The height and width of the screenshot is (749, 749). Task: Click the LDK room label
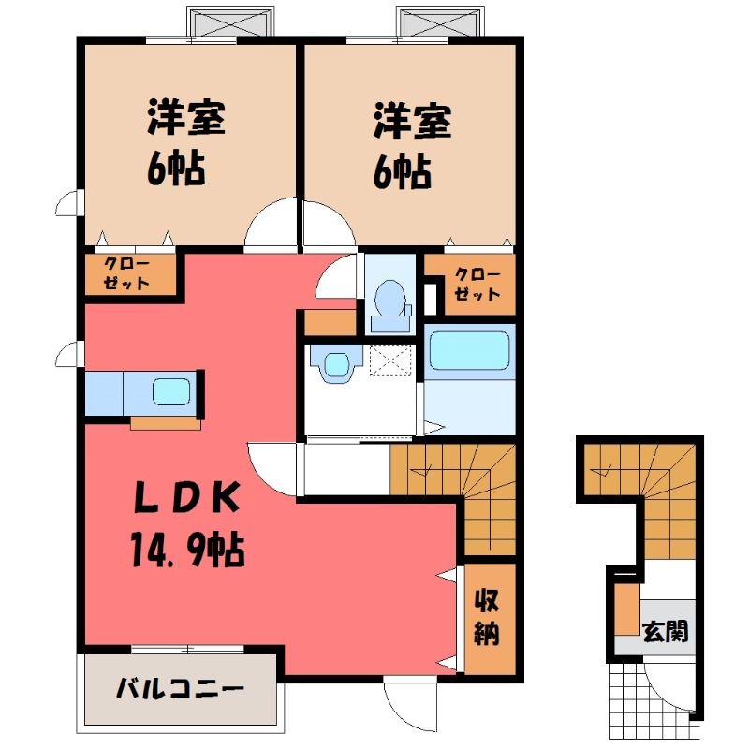[x=186, y=499]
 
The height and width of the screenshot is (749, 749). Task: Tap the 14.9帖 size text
[x=187, y=550]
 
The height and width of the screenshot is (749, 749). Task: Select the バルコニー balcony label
[x=181, y=689]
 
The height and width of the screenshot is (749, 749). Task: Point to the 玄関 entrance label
[x=666, y=631]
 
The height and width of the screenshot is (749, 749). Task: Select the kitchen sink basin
[x=171, y=391]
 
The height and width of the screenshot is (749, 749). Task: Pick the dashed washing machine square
[x=390, y=361]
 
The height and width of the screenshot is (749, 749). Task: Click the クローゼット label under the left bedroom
[x=126, y=273]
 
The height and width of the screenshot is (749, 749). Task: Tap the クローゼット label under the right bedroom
[x=477, y=284]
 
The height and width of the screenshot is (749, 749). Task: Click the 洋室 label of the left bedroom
[x=185, y=117]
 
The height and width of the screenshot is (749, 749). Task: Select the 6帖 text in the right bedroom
[x=403, y=171]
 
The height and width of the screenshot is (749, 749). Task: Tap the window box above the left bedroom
[x=230, y=22]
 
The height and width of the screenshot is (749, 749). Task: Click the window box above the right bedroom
[x=440, y=22]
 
